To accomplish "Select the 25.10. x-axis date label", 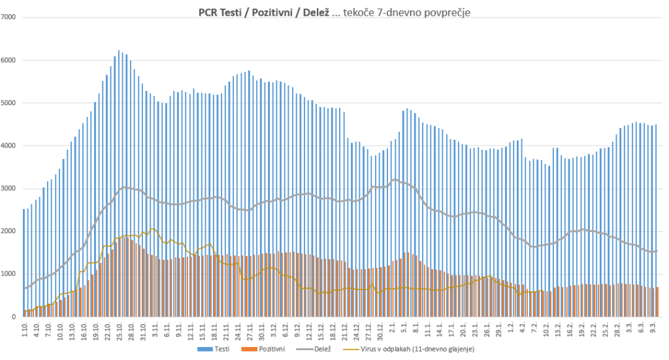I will [120, 330].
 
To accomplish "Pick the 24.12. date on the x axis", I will [355, 330].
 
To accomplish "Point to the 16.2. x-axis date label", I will [569, 330].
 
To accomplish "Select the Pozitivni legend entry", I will [267, 350].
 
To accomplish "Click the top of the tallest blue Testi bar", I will [118, 51].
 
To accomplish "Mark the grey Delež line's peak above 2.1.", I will [395, 179].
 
